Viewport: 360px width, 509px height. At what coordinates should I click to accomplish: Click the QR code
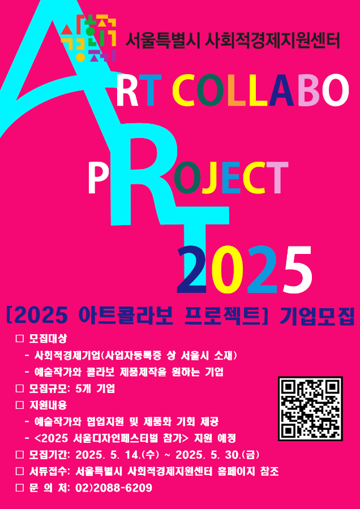click(310, 408)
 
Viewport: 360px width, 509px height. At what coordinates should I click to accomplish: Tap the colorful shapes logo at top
click(88, 38)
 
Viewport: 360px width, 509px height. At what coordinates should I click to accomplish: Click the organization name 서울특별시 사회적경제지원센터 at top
click(233, 41)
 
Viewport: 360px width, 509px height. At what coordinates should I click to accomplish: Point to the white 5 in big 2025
click(296, 269)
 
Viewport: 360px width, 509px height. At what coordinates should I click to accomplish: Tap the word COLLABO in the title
click(260, 90)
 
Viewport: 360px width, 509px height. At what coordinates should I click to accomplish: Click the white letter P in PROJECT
click(97, 179)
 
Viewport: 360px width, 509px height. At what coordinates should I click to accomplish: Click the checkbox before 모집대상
click(20, 339)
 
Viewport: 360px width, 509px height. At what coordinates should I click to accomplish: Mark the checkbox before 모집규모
click(20, 389)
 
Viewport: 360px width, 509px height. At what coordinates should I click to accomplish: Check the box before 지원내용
click(20, 405)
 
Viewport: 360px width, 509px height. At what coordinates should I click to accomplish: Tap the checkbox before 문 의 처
click(20, 488)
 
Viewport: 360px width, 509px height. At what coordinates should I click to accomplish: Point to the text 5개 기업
click(95, 389)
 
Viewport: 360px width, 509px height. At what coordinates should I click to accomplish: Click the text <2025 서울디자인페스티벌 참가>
click(111, 438)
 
